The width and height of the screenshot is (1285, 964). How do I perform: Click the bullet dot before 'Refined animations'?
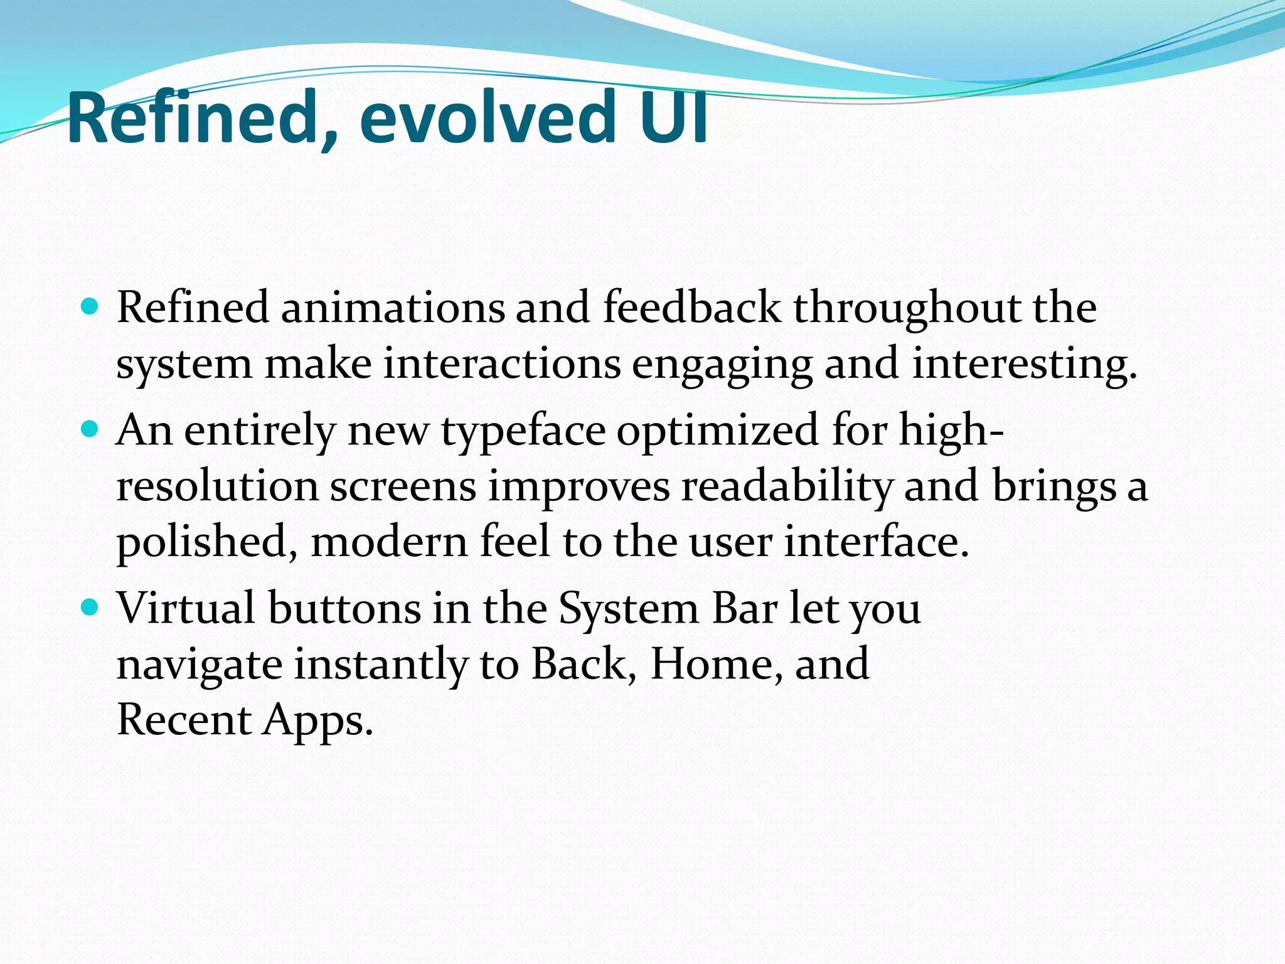(x=90, y=308)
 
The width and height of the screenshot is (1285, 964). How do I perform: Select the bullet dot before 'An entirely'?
(x=90, y=430)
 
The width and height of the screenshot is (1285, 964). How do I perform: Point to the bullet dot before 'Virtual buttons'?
(x=90, y=608)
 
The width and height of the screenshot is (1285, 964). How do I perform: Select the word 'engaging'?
(x=722, y=365)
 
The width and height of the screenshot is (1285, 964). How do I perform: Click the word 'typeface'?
(x=523, y=432)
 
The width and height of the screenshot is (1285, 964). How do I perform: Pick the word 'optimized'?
(x=718, y=432)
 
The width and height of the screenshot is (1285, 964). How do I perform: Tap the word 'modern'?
(x=389, y=542)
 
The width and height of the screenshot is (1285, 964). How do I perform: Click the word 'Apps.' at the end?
(x=318, y=720)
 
